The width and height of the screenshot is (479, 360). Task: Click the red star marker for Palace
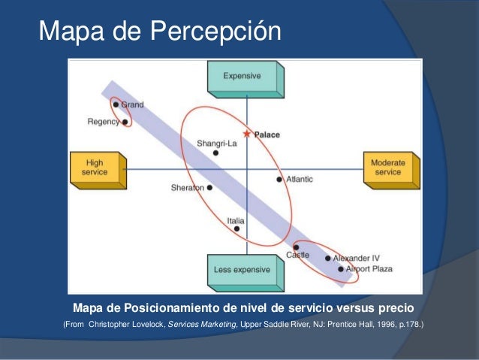247,135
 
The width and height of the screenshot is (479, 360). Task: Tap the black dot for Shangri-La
216,153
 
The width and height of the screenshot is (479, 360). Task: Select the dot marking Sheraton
209,188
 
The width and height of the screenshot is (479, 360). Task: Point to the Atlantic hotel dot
279,180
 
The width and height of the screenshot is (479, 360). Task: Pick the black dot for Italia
236,228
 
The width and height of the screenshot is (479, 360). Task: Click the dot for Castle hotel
297,247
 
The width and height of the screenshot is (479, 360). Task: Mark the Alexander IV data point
328,259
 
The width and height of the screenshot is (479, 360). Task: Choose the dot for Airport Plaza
340,268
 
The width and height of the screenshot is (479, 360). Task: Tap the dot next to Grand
116,104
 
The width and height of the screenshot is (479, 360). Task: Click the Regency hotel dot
125,121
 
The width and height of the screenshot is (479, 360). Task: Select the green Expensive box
243,77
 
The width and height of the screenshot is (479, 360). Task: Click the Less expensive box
243,270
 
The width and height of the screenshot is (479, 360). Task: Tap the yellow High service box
95,168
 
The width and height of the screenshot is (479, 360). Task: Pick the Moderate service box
387,168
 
